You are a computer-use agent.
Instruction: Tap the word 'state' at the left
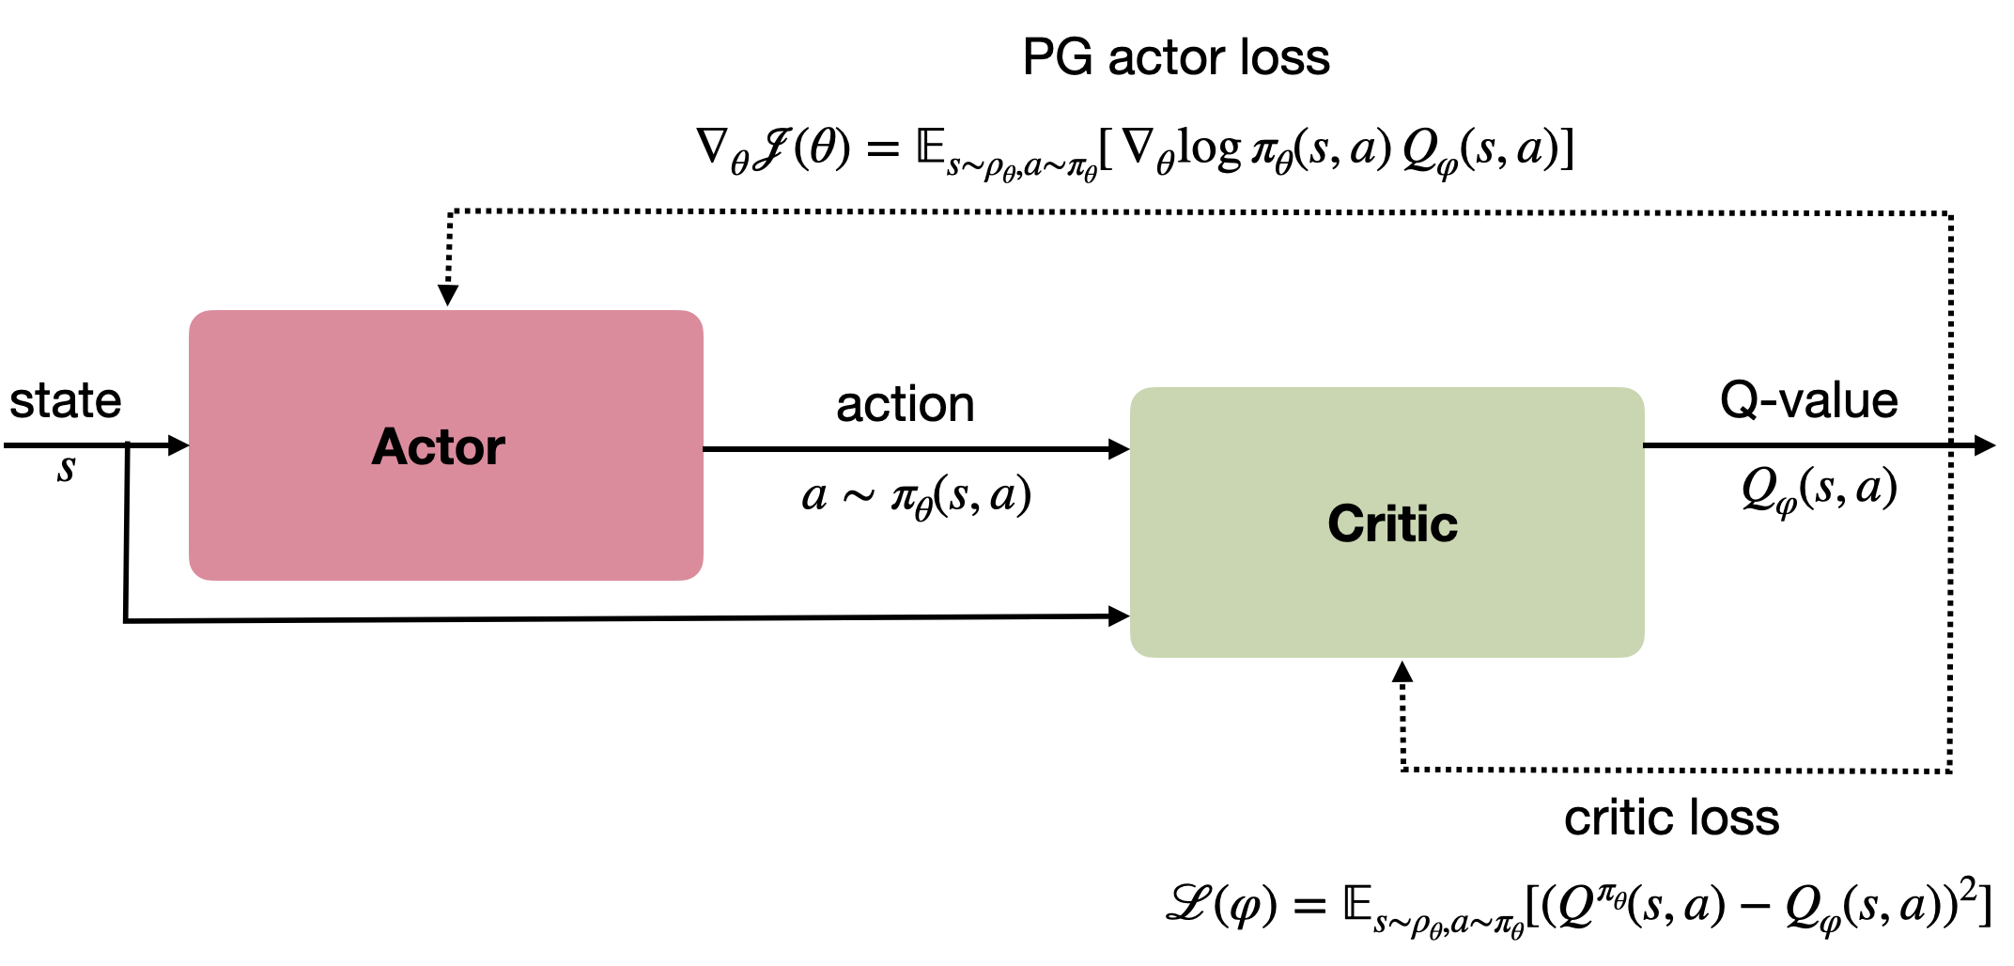(x=66, y=401)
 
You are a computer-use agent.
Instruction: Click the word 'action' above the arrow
(x=906, y=405)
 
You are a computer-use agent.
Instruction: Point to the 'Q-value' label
(x=1808, y=400)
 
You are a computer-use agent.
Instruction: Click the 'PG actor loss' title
(x=1175, y=57)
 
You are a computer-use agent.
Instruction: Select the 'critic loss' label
(x=1671, y=818)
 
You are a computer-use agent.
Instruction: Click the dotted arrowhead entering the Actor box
(x=448, y=295)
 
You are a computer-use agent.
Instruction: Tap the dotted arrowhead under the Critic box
(x=1402, y=671)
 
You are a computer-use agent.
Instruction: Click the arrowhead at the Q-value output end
(x=1984, y=445)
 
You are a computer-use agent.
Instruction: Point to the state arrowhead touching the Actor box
(x=178, y=445)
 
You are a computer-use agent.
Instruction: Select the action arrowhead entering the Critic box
(x=1119, y=449)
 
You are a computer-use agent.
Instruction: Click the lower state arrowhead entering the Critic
(x=1119, y=616)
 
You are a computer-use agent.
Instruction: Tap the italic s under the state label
(x=66, y=467)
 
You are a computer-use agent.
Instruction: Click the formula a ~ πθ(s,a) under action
(x=916, y=496)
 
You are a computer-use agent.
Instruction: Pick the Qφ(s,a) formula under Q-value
(x=1819, y=489)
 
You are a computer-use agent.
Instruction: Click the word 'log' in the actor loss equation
(x=1210, y=148)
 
